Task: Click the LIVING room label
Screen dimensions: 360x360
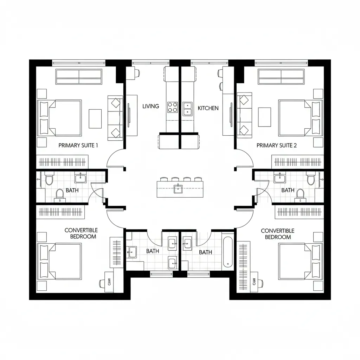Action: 150,106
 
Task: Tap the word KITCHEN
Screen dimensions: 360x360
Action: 208,108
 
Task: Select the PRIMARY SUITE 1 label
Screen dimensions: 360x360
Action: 78,145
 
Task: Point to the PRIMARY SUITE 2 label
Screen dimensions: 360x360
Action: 276,145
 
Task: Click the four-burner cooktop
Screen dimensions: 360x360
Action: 172,107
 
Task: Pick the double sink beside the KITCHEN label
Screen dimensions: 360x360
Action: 187,108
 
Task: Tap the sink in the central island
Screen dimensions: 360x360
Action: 178,189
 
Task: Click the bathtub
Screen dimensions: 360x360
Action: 227,252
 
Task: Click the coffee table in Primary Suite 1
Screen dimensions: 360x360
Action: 95,118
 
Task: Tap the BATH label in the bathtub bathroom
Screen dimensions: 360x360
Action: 205,252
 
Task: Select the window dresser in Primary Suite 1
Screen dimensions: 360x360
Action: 79,77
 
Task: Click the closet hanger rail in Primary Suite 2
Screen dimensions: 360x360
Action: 297,162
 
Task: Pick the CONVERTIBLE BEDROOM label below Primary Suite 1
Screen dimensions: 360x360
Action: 81,233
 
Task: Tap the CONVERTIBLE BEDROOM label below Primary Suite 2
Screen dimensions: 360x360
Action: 277,234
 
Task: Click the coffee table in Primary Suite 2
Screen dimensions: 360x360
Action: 264,117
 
